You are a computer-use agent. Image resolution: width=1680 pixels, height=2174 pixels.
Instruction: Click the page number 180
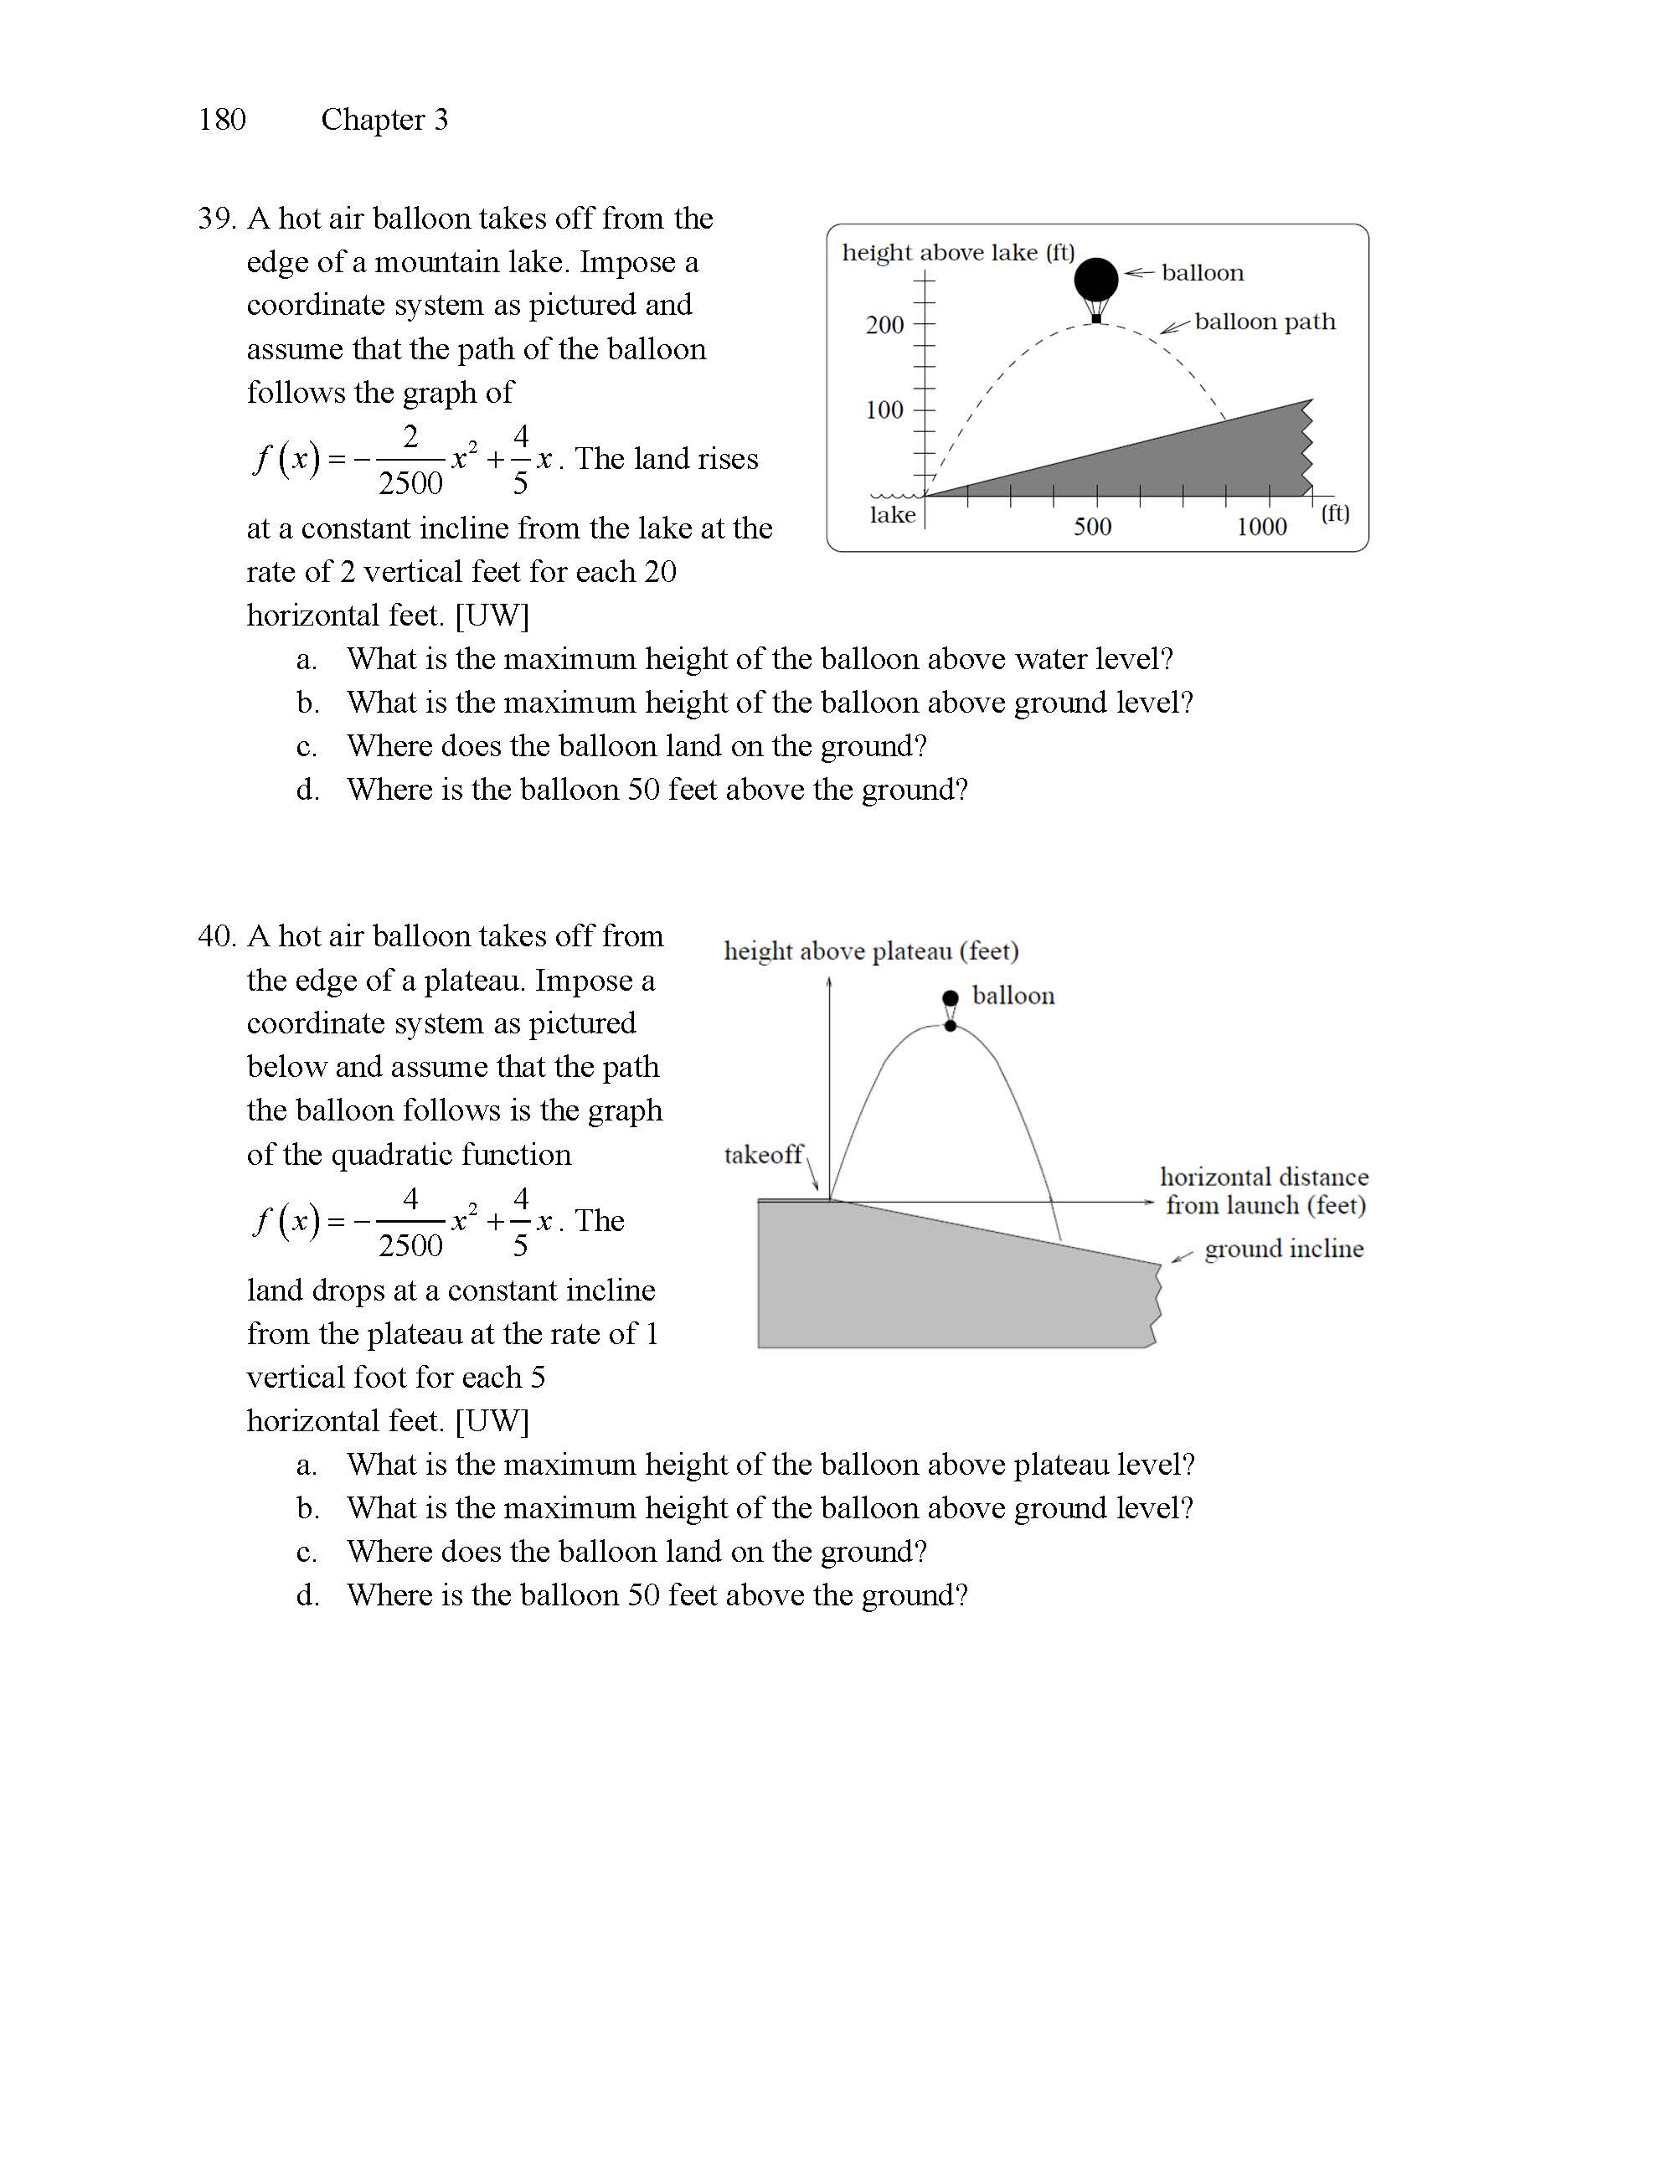coord(222,120)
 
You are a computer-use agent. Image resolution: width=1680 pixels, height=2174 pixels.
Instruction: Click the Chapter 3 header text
coord(384,120)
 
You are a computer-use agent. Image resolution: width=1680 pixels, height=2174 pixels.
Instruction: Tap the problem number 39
coord(215,218)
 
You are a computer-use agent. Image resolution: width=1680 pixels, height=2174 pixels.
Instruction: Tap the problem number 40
coord(215,935)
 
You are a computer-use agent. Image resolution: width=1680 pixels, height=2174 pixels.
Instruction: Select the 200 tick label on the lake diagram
coord(884,324)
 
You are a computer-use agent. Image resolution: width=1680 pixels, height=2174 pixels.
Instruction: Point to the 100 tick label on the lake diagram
coord(884,410)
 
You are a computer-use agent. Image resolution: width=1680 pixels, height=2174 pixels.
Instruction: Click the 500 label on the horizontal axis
coord(1093,527)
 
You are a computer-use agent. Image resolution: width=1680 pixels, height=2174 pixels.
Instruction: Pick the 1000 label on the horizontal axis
coord(1262,527)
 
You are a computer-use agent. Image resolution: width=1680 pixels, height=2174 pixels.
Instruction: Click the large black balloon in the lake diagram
coord(1095,280)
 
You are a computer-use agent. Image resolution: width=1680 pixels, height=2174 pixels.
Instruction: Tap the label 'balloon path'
coord(1265,322)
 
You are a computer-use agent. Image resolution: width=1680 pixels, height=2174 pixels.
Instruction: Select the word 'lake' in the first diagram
coord(893,515)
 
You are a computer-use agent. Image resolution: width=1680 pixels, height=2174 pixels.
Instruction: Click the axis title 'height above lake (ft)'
coord(958,253)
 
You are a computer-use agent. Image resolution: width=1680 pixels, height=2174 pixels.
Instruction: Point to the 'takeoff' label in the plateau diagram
coord(763,1155)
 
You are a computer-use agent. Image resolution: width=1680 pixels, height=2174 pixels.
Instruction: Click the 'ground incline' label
coord(1284,1249)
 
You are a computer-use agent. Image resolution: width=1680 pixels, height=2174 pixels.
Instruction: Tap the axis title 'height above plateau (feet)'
coord(871,951)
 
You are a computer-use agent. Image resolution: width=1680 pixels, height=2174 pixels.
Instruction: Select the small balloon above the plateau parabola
coord(951,998)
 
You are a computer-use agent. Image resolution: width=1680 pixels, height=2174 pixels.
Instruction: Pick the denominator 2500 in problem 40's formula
coord(410,1245)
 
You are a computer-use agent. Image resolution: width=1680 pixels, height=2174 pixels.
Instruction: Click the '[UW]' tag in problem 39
coord(492,616)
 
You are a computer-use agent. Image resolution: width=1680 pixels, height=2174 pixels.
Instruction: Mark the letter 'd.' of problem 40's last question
coord(307,1595)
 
